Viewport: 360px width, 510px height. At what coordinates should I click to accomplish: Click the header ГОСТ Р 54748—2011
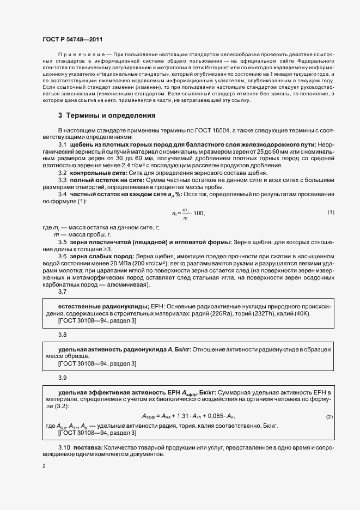pos(72,39)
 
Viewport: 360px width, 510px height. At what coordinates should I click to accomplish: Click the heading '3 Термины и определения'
pos(107,116)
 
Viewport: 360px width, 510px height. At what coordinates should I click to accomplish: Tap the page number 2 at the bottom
pos(44,465)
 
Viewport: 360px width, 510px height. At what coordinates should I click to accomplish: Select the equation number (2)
pos(329,417)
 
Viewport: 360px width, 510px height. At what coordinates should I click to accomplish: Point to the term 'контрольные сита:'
pos(93,172)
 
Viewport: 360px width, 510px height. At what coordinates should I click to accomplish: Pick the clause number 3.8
pos(63,335)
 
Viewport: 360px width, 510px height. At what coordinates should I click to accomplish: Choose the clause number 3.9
pos(63,377)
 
